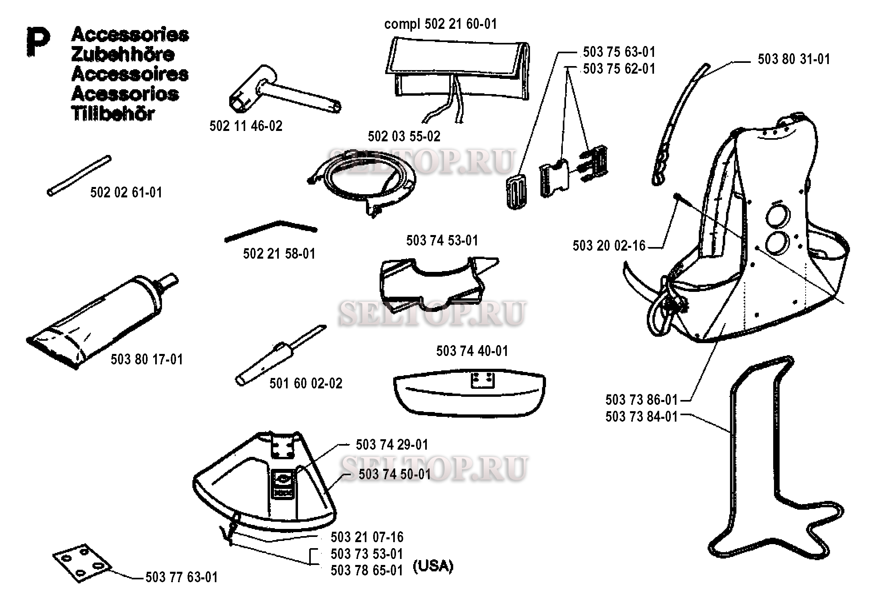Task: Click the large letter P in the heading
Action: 38,41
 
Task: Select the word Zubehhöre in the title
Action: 123,54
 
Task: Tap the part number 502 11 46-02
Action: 246,126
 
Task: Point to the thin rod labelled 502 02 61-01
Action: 79,176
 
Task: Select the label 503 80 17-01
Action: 147,359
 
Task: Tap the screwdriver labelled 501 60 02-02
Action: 280,355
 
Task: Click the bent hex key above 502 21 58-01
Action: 271,231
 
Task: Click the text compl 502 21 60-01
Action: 440,24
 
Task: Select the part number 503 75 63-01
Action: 619,52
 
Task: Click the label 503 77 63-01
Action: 182,577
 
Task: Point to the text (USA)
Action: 433,566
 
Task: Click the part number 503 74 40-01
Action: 472,351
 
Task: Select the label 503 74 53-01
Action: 442,241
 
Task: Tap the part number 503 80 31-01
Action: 794,59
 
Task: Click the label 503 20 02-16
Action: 609,245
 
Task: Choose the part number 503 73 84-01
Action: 641,417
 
